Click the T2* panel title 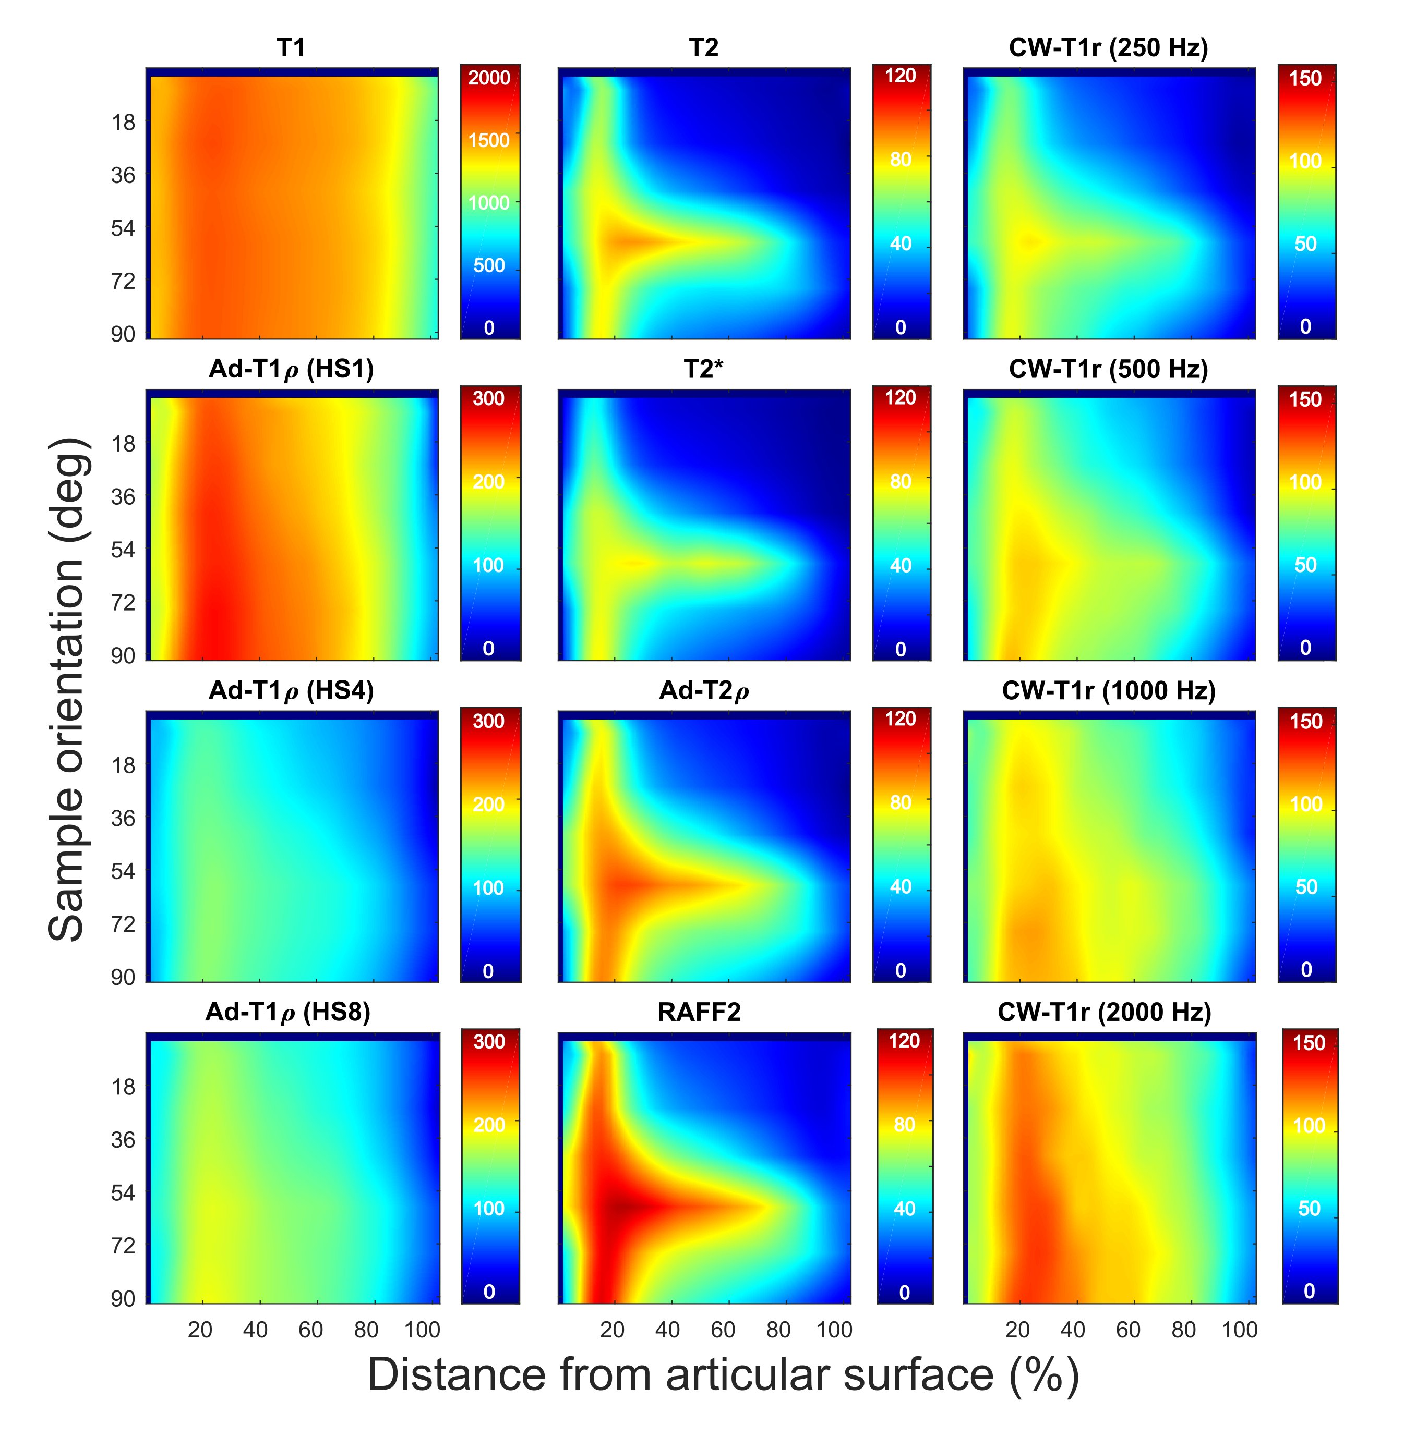click(703, 369)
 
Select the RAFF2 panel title click(699, 1012)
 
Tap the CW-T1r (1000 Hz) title click(1108, 691)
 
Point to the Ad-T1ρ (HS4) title click(291, 691)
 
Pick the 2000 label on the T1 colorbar click(489, 78)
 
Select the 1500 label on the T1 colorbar click(489, 140)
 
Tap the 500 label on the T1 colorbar click(489, 265)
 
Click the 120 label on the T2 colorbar click(900, 76)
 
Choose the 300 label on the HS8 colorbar click(489, 1041)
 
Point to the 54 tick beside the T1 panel click(124, 228)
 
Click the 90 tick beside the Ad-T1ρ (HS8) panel click(124, 1298)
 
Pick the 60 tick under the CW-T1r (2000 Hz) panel click(1127, 1330)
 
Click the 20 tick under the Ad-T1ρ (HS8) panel click(200, 1330)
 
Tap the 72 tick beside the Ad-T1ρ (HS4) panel click(124, 924)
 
